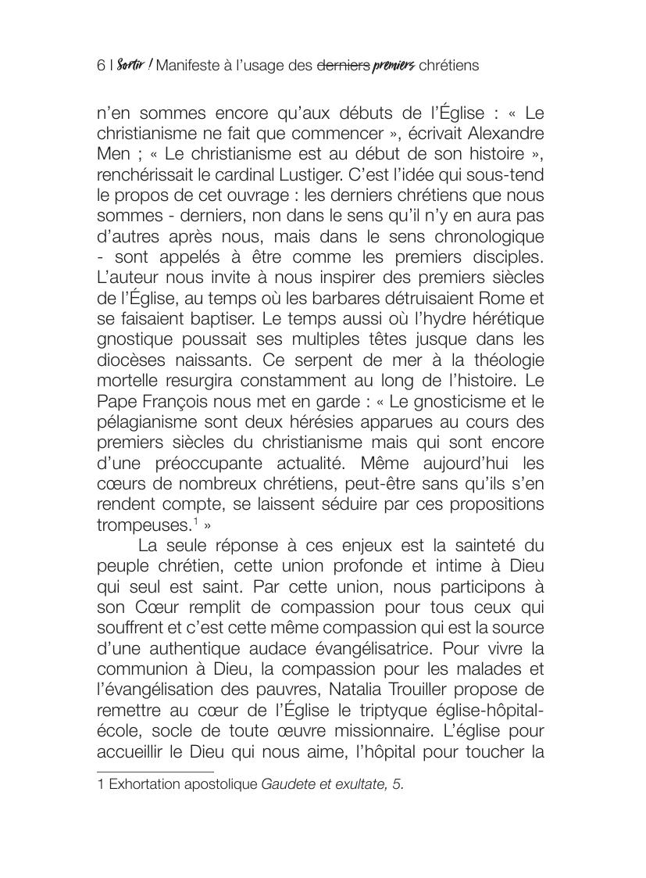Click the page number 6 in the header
coord(101,66)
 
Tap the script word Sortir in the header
coord(130,66)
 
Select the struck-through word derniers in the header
coord(343,66)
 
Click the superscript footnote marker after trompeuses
coord(196,520)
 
